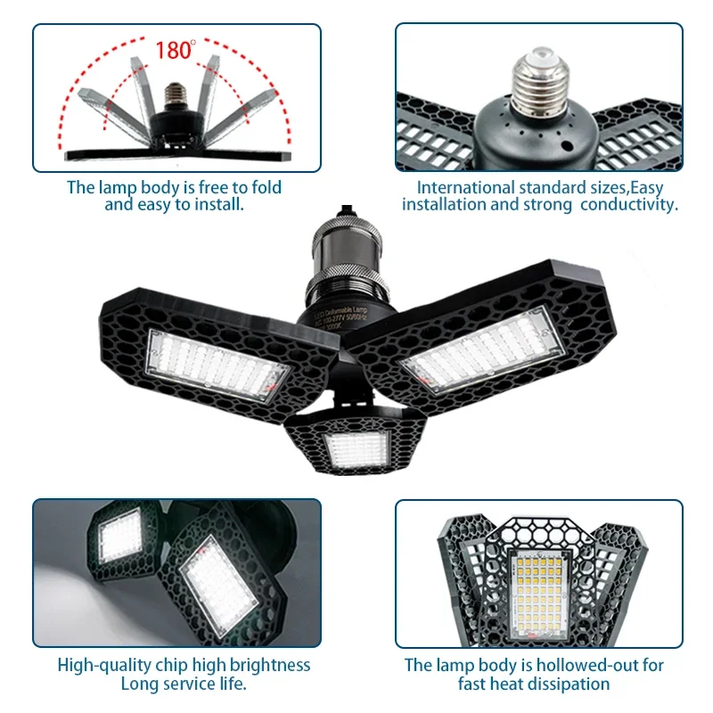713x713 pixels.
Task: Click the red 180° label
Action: (175, 50)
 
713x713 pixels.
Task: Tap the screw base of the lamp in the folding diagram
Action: (175, 94)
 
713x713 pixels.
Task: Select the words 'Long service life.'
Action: (184, 684)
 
